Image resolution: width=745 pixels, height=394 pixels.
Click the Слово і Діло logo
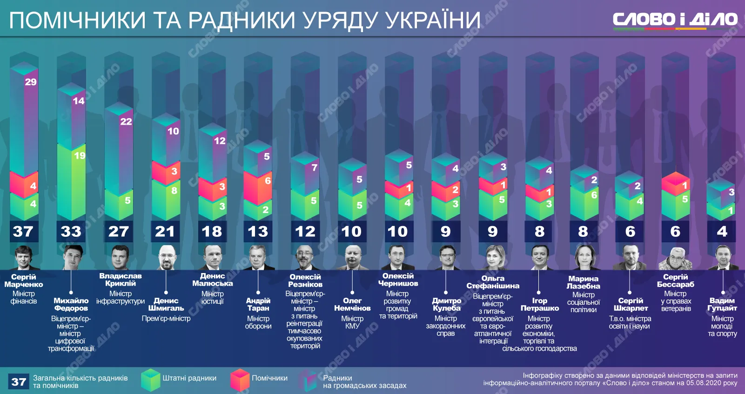tap(675, 20)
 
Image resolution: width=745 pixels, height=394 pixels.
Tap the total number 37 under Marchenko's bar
tap(23, 231)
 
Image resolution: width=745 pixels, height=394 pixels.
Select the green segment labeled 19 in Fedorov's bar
tap(71, 181)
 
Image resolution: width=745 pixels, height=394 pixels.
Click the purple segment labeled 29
tap(24, 121)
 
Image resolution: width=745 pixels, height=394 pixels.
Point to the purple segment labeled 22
tap(119, 149)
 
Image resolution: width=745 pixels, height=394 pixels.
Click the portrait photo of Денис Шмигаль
tap(166, 257)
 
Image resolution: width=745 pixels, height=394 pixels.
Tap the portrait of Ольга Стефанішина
tap(493, 257)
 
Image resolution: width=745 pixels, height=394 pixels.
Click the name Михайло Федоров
tap(71, 304)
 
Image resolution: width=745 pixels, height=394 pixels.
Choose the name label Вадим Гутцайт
tap(722, 304)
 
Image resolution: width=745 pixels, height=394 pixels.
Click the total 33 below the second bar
tap(71, 231)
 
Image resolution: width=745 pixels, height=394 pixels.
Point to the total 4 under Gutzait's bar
tap(722, 231)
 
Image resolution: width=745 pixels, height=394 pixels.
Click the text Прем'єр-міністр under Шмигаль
tap(166, 319)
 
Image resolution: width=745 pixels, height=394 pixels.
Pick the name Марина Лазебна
tap(584, 282)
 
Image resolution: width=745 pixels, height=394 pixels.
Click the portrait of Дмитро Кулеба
tap(446, 257)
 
